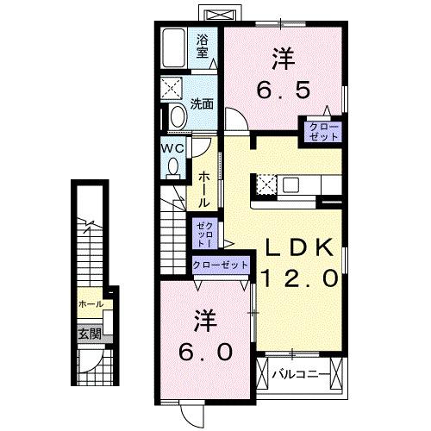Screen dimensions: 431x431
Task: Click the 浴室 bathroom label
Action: pyautogui.click(x=203, y=45)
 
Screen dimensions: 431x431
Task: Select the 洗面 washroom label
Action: pyautogui.click(x=202, y=105)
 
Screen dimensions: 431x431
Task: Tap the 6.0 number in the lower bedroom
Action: pyautogui.click(x=206, y=352)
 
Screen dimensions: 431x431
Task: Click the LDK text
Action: pyautogui.click(x=297, y=247)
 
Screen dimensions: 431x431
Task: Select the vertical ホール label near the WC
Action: pyautogui.click(x=203, y=188)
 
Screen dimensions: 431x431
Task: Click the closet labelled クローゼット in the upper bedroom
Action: pyautogui.click(x=319, y=132)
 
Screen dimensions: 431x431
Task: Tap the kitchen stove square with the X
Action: pyautogui.click(x=265, y=184)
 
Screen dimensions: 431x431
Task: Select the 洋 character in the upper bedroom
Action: pyautogui.click(x=282, y=59)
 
